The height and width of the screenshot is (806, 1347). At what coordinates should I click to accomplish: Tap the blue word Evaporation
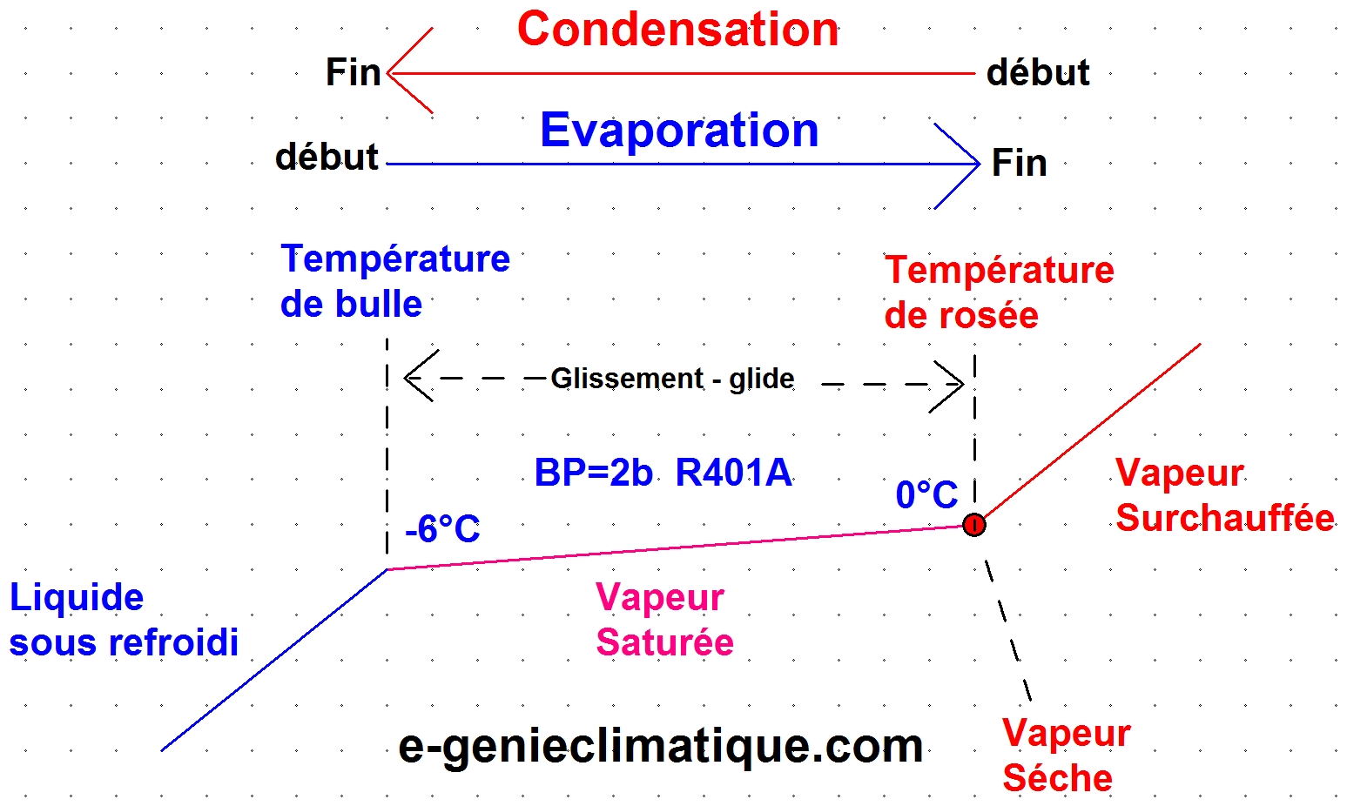(x=679, y=131)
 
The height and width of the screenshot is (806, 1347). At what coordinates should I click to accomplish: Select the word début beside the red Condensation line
(x=1038, y=73)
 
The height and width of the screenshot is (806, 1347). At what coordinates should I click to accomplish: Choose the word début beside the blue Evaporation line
(x=327, y=157)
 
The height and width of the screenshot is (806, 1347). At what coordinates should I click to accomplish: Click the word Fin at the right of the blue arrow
(x=1020, y=163)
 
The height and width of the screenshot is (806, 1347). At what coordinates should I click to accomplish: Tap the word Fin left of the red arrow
(x=353, y=73)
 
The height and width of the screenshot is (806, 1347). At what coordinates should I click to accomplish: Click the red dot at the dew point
(x=973, y=525)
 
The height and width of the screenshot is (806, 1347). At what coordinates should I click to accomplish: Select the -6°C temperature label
(x=442, y=529)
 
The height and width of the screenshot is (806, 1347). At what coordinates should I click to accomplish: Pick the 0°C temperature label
(x=926, y=494)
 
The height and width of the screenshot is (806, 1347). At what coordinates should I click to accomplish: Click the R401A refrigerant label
(x=734, y=473)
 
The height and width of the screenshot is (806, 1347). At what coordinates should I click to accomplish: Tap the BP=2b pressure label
(x=593, y=473)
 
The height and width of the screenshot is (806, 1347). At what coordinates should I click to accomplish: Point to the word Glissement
(x=627, y=379)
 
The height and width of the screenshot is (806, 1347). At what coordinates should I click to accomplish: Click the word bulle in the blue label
(x=378, y=304)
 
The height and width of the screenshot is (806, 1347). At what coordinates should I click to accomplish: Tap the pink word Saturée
(x=664, y=642)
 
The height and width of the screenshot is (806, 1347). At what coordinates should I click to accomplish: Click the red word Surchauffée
(x=1225, y=518)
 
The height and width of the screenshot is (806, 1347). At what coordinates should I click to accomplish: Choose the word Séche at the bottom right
(x=1057, y=778)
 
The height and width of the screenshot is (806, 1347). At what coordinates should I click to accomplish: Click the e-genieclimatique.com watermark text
(x=660, y=748)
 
